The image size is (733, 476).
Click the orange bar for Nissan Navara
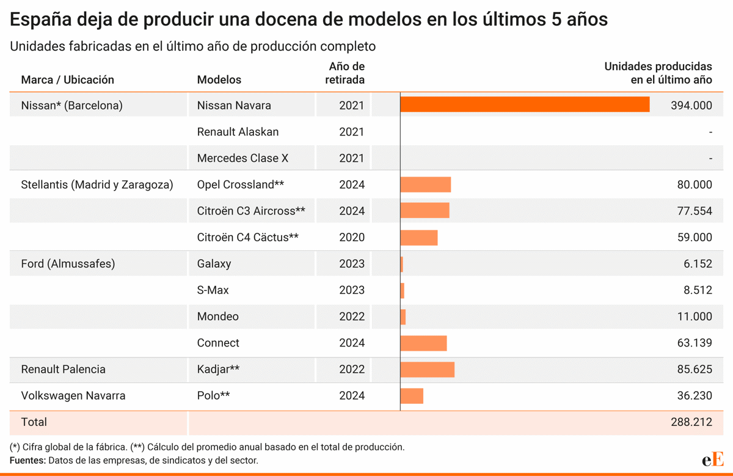click(x=525, y=105)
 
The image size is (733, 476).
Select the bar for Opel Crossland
click(x=426, y=185)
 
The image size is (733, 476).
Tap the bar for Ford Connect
click(x=423, y=343)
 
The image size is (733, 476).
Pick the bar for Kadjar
click(x=427, y=369)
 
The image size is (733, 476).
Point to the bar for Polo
click(x=412, y=395)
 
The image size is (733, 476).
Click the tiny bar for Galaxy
click(x=401, y=264)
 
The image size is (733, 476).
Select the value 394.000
click(x=691, y=105)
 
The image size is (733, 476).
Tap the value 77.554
click(x=694, y=211)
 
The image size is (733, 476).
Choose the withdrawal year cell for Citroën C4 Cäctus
click(x=351, y=237)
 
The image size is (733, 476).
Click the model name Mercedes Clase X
click(x=243, y=158)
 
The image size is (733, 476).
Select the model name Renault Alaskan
click(x=238, y=132)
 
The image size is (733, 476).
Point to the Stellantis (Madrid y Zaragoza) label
click(x=97, y=185)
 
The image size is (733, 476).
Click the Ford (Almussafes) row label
click(x=68, y=264)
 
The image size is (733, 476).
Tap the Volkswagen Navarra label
click(x=73, y=395)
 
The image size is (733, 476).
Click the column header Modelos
click(x=219, y=80)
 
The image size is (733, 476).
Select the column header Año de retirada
click(x=346, y=73)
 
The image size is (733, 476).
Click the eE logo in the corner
click(x=712, y=459)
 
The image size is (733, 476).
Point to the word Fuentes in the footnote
click(x=27, y=461)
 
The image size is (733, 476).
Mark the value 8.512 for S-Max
click(x=698, y=290)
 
